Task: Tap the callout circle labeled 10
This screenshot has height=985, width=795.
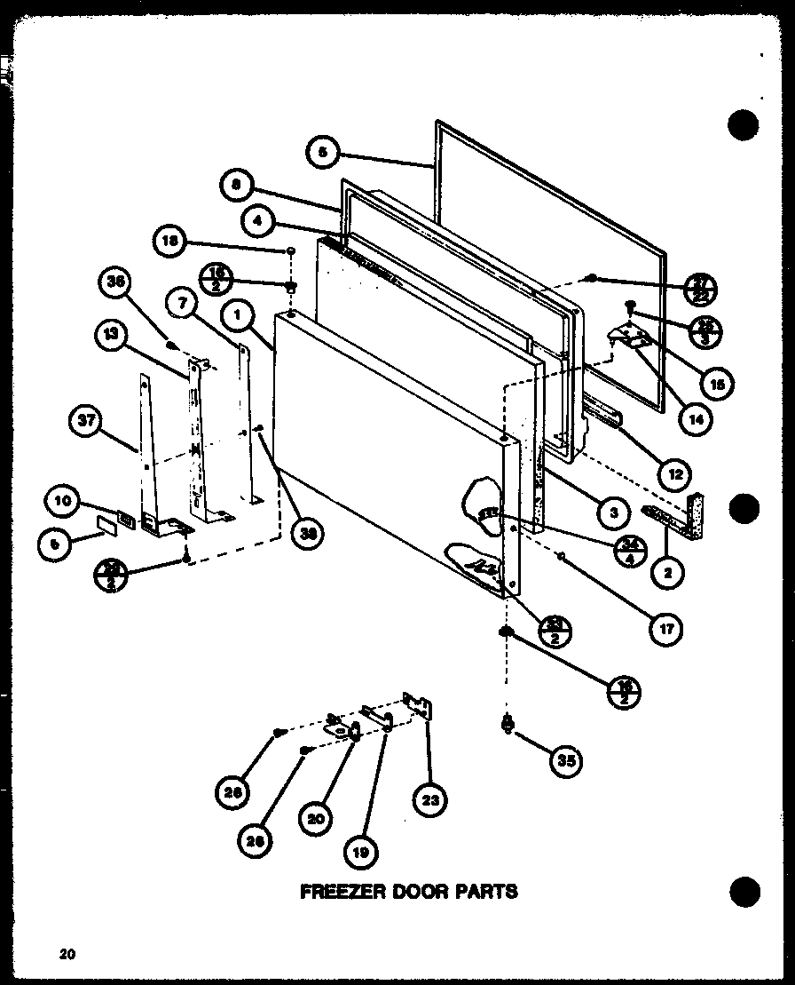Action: click(x=64, y=502)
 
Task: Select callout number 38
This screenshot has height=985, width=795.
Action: click(x=308, y=532)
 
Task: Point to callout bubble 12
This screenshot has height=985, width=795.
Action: click(x=675, y=474)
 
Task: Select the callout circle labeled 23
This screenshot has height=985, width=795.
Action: click(x=429, y=804)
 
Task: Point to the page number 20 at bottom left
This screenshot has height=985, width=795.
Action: click(x=67, y=955)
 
